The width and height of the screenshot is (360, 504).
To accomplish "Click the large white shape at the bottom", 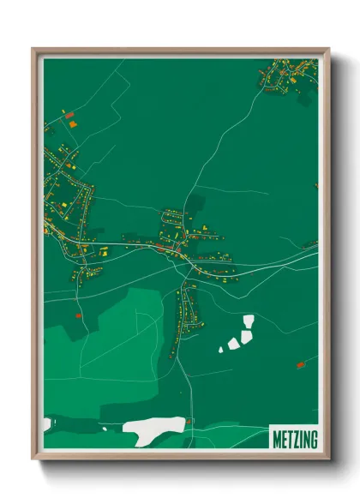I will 154,425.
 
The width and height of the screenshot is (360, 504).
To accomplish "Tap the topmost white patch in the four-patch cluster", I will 249,321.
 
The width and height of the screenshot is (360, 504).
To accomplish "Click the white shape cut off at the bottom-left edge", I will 47,423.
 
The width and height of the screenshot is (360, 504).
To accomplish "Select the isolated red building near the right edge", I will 301,365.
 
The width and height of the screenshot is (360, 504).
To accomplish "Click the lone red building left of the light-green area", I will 78,315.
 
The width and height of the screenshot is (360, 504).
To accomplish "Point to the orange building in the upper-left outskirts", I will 73,123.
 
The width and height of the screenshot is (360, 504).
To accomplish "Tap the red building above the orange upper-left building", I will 69,113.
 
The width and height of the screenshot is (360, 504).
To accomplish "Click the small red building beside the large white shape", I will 190,421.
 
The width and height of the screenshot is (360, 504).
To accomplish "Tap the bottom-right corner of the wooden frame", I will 327,459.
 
